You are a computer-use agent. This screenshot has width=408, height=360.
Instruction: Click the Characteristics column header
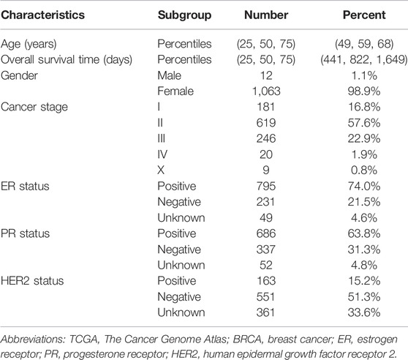tap(42, 15)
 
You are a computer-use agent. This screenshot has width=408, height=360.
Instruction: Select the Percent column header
tap(364, 15)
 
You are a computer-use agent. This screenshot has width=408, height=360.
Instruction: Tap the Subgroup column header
tap(184, 15)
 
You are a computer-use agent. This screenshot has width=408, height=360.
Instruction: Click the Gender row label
tap(19, 75)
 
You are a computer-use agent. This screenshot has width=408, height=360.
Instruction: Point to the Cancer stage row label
tap(34, 108)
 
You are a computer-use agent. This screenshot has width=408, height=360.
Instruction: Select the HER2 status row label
tap(32, 281)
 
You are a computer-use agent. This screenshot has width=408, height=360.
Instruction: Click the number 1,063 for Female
tap(266, 91)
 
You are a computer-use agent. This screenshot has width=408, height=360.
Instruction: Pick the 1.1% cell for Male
tap(364, 75)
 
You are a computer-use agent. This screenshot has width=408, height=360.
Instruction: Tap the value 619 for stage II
tap(266, 123)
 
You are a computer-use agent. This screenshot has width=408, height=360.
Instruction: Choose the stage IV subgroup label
tap(162, 154)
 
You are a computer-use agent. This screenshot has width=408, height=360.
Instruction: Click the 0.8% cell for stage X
tap(364, 170)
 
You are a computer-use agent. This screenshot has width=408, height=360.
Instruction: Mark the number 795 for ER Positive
tap(266, 186)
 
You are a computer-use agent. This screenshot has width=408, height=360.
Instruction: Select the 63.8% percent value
tap(364, 233)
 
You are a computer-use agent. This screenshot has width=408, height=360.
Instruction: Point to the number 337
tap(266, 250)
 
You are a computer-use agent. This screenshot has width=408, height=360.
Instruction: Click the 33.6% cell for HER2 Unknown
tap(364, 312)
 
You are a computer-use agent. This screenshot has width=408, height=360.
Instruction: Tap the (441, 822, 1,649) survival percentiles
tap(364, 60)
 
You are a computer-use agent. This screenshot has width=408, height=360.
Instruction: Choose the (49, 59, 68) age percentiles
tap(364, 44)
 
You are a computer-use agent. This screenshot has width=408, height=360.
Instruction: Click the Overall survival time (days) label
tap(67, 60)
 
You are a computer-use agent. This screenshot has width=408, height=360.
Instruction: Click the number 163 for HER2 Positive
tap(266, 281)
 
